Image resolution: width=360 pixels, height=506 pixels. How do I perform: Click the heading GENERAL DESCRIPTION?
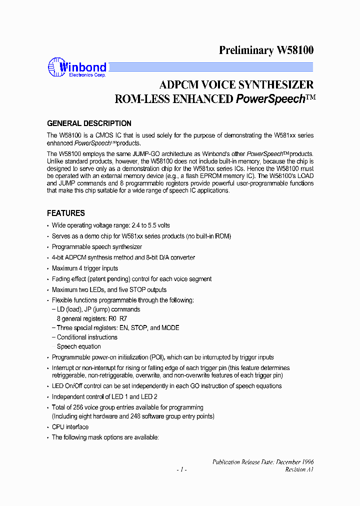pos(89,123)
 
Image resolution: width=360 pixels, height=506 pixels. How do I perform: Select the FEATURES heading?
pos(65,213)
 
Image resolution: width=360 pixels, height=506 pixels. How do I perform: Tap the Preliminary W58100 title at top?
pos(266,50)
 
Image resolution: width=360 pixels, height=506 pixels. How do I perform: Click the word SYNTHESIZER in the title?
pos(275,84)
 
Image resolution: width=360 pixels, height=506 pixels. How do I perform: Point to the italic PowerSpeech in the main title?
pos(270,99)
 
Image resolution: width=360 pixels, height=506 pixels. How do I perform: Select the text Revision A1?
pos(299,469)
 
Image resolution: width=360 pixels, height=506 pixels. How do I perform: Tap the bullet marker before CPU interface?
pos(48,427)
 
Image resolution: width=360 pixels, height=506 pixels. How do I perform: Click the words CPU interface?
pos(70,427)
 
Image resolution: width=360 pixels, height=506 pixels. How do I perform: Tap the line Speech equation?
pos(78,346)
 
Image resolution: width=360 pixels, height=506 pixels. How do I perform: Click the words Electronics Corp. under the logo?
pos(83,74)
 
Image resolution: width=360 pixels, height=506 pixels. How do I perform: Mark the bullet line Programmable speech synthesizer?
pos(97,247)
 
